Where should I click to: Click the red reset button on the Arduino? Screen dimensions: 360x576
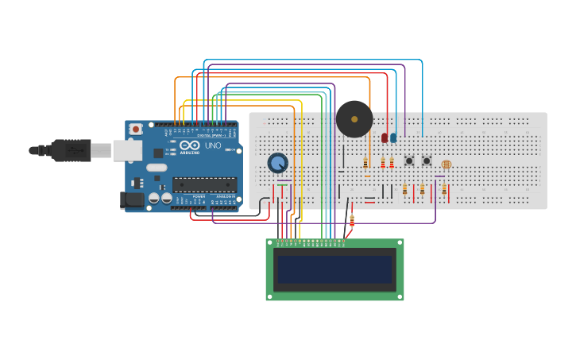[136, 128]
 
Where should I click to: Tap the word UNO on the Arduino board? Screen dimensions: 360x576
[213, 146]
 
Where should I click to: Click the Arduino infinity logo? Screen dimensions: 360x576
[191, 146]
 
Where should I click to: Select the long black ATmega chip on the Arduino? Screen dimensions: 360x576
[204, 185]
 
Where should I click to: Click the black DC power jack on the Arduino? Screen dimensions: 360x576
[132, 199]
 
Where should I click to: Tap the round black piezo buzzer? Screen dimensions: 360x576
[354, 119]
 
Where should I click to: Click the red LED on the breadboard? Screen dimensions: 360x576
[385, 137]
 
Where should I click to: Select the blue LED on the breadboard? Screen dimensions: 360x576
[393, 137]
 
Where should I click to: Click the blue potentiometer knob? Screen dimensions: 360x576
[277, 163]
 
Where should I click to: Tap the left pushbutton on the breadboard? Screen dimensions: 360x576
[409, 161]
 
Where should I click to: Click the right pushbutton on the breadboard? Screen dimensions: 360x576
[427, 161]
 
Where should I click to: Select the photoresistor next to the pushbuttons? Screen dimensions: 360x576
[445, 164]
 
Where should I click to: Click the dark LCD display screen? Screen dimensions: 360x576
[334, 269]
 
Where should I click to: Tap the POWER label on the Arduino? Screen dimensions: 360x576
[199, 196]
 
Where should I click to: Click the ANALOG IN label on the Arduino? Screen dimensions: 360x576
[226, 196]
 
